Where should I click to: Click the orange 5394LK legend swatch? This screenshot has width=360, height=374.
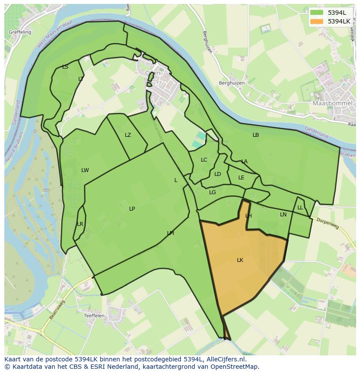[x=316, y=21]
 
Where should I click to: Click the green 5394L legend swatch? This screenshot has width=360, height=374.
[x=316, y=13]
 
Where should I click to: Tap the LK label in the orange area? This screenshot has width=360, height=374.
[x=240, y=260]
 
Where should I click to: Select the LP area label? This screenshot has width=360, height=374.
[x=132, y=209]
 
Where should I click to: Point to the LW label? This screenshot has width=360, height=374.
[x=85, y=170]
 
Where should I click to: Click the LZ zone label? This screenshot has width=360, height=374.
[x=128, y=135]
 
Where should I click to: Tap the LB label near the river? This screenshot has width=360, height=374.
[x=256, y=135]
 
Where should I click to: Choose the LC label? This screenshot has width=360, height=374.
[x=204, y=160]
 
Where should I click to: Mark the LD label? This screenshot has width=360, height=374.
[x=217, y=174]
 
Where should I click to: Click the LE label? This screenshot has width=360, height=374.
[x=241, y=178]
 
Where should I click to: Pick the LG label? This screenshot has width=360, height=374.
[x=212, y=192]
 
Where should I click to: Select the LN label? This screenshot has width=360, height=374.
[x=283, y=215]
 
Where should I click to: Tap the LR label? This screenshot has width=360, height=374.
[x=80, y=224]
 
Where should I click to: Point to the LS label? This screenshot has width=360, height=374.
[x=65, y=67]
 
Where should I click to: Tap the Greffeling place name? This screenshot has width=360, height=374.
[x=19, y=32]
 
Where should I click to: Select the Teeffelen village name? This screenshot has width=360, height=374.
[x=94, y=316]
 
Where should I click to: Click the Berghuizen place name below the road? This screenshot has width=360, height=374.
[x=232, y=83]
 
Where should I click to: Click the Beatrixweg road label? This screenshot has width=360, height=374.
[x=57, y=310]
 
